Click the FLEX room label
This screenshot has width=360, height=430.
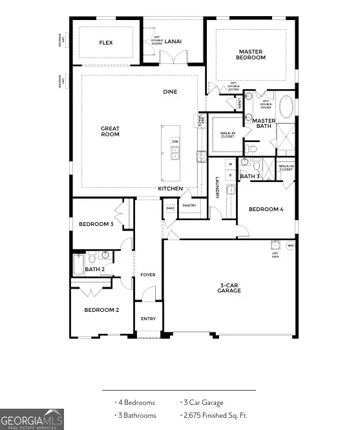[107, 43]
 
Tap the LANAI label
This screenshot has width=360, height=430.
[173, 41]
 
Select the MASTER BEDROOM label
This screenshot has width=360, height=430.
[251, 54]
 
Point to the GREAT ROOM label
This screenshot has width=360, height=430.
[110, 132]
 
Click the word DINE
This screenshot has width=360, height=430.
[170, 92]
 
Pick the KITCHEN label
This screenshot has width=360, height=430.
[171, 189]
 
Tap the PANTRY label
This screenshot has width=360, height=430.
[189, 205]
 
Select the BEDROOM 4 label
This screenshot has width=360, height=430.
[266, 209]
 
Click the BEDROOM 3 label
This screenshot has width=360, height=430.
[96, 224]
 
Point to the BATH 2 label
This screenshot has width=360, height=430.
[94, 269]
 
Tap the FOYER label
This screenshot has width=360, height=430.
[148, 275]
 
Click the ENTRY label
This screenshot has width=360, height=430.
[148, 319]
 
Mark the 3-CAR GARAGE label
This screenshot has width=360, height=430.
[229, 287]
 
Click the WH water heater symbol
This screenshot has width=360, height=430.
[290, 246]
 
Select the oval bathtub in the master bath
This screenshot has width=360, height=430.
[285, 107]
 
